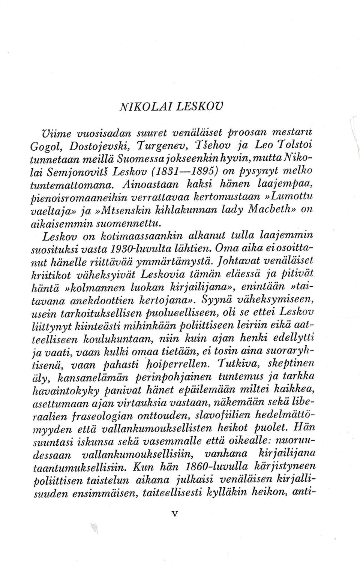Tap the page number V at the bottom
click(x=174, y=525)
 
